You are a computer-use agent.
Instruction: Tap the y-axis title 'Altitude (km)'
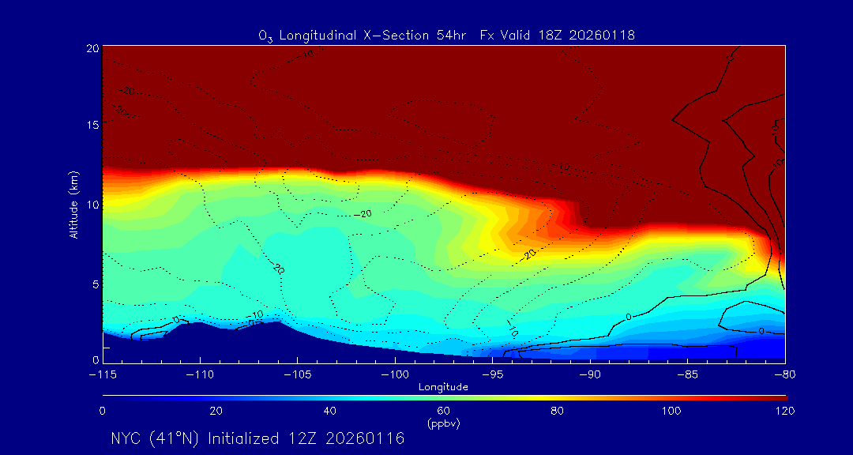[x=74, y=204]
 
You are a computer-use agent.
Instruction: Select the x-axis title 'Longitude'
[x=443, y=387]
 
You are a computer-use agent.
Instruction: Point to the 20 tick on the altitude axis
[x=92, y=48]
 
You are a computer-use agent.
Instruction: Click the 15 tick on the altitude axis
[x=92, y=126]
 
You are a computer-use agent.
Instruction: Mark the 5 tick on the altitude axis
[x=94, y=284]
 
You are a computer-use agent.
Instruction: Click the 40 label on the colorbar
[x=330, y=411]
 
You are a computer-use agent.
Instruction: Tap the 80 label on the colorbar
[x=558, y=411]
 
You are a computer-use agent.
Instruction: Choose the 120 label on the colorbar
[x=785, y=411]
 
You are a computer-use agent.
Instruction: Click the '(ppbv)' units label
[x=443, y=423]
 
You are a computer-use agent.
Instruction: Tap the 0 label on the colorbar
[x=103, y=411]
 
